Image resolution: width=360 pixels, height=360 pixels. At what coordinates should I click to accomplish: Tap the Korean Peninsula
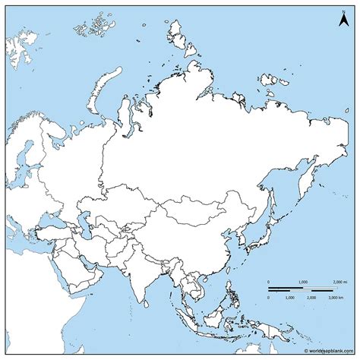[247, 228]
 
